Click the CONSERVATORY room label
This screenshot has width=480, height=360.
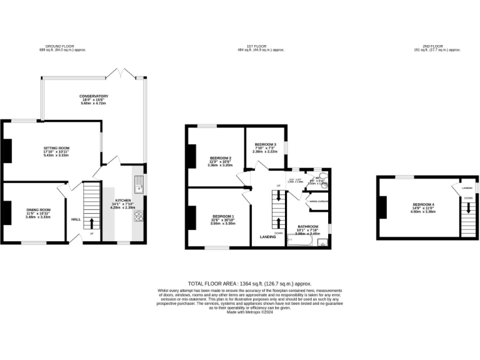[x=94, y=96]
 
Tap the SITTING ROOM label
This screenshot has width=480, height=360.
[x=56, y=148]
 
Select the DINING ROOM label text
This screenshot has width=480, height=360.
[x=38, y=209]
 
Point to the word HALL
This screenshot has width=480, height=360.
[x=76, y=219]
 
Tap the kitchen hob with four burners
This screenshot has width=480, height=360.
[x=138, y=216]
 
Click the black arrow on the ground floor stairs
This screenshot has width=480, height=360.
[x=92, y=224]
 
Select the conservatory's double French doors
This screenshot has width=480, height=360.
[x=122, y=73]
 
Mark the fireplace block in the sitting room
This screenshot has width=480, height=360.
[x=7, y=150]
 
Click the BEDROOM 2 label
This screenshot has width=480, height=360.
[x=221, y=157]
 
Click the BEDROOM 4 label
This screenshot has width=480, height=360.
[x=423, y=204]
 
